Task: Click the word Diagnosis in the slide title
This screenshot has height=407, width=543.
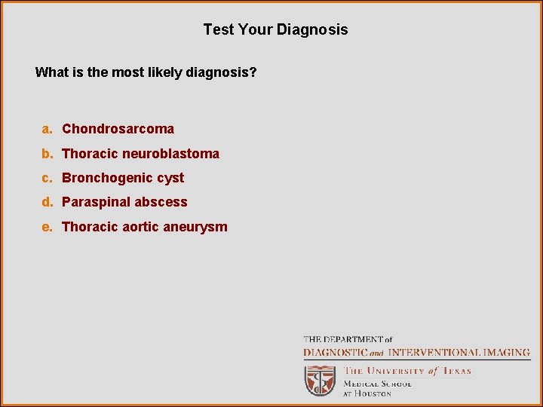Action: click(312, 30)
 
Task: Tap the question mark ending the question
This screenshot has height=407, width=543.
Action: click(253, 73)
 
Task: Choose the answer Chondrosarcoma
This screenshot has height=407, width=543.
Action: click(118, 129)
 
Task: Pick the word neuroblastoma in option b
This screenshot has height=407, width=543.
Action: click(171, 154)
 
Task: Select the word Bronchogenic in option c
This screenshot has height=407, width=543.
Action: click(102, 178)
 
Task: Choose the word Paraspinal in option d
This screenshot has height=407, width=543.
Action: click(94, 202)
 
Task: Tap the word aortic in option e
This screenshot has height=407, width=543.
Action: click(140, 227)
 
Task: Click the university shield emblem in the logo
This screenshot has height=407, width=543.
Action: click(320, 381)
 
